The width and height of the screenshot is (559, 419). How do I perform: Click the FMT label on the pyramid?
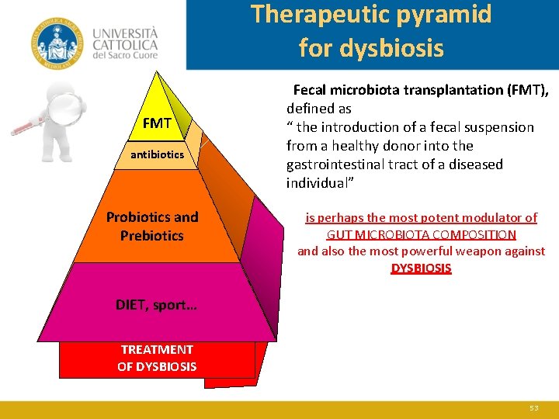click(x=157, y=123)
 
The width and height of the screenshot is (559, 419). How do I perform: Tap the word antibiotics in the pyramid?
click(x=157, y=154)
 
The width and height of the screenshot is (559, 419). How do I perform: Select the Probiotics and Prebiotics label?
click(x=152, y=226)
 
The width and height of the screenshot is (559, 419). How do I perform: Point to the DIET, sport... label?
click(x=156, y=305)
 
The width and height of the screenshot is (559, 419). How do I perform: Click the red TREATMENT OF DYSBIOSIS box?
click(x=157, y=358)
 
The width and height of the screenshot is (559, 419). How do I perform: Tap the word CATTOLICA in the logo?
click(x=125, y=45)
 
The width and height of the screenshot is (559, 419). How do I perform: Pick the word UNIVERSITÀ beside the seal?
click(x=125, y=33)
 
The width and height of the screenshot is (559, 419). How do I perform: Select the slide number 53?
click(x=533, y=407)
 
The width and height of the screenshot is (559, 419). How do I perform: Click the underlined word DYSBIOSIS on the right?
click(x=421, y=268)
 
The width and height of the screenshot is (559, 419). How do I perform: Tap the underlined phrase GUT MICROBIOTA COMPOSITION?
click(x=421, y=234)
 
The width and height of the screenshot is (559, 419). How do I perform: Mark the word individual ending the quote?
click(x=316, y=183)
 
